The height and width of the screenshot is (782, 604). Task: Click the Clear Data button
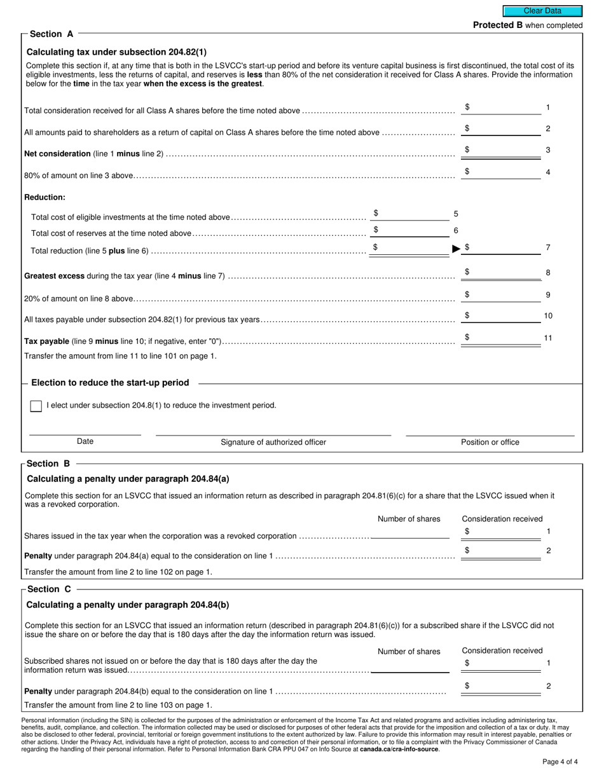pos(542,11)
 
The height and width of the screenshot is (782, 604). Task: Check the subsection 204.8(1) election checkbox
pos(36,406)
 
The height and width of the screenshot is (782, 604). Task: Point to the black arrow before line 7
pos(456,249)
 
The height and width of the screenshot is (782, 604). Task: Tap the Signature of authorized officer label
pos(273,442)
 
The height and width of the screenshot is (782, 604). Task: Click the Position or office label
pos(490,442)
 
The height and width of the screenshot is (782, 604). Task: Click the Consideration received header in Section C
pos(502,650)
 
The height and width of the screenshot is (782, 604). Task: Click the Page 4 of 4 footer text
pos(560,762)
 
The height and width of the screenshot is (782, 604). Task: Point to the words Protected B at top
pos(493,25)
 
